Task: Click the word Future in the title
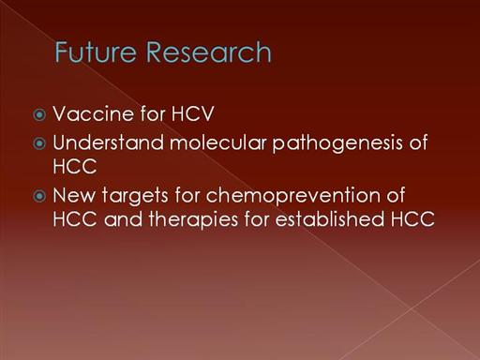click(x=96, y=52)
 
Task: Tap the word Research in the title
click(x=208, y=52)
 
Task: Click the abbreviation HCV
click(x=192, y=113)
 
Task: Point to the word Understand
click(x=108, y=142)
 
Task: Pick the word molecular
click(x=218, y=142)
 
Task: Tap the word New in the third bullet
click(x=74, y=195)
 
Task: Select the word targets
click(x=135, y=197)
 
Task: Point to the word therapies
click(x=193, y=220)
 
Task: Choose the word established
click(x=329, y=218)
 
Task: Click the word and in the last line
click(x=123, y=219)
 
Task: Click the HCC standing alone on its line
click(x=74, y=166)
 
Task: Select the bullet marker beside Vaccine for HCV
click(x=39, y=115)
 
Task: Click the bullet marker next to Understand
click(x=39, y=143)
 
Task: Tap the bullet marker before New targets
click(x=39, y=196)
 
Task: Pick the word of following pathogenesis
click(x=418, y=142)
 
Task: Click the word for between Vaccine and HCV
click(x=153, y=113)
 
